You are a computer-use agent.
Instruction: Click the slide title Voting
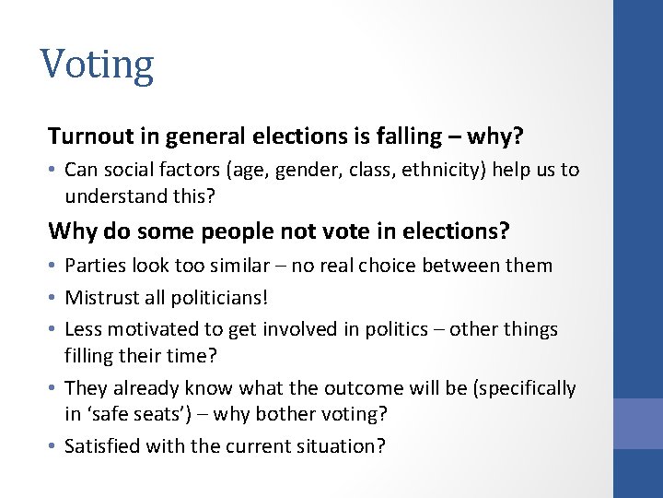(x=97, y=65)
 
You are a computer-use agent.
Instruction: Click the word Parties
(x=94, y=266)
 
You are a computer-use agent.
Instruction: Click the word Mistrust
(x=102, y=298)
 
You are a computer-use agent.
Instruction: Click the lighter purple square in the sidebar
(x=638, y=423)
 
